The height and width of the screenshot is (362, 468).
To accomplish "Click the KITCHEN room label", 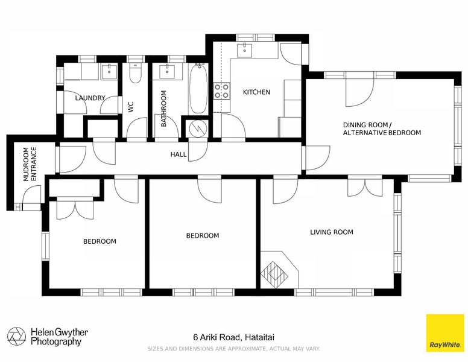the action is coord(256,92).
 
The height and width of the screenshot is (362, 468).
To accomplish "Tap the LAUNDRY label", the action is coord(90,98).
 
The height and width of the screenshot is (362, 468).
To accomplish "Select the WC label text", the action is coord(131,107).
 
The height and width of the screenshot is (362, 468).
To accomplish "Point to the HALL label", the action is coord(179,154).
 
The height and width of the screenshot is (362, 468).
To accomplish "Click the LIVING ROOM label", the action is coord(332,232).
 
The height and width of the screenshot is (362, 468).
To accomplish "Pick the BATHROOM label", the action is coord(163,109).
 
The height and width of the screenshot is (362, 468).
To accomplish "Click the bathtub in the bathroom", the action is coord(198,89).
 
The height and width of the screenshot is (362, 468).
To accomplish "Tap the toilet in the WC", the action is coord(136,73).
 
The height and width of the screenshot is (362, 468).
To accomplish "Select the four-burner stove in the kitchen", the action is coord(221,91).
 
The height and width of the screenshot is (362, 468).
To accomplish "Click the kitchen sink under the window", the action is coord(245,50).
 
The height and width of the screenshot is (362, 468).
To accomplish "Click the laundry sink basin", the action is coord(109,72).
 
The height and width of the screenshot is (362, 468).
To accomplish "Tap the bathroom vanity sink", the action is coord(167,71).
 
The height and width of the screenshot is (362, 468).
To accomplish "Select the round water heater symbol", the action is coord(198,129).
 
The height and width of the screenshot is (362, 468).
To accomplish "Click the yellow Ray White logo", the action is coord(444,333).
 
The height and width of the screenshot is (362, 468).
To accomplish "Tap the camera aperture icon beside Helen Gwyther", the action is coord(17,336).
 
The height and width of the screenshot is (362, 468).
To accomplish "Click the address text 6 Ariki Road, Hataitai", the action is coord(234,337).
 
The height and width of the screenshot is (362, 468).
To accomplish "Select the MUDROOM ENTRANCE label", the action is coord(30,164).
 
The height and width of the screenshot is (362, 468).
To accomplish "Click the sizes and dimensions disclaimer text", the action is coord(234,349).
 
